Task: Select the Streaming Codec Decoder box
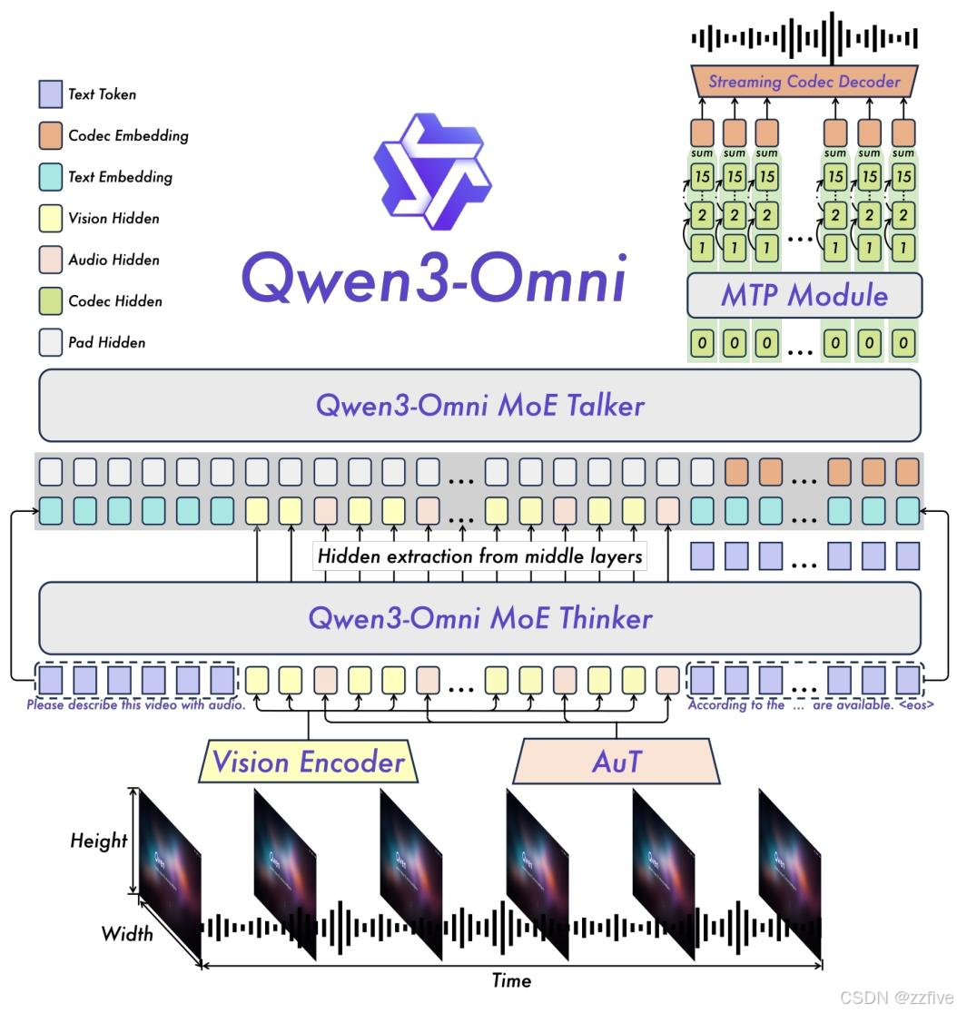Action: coord(804,82)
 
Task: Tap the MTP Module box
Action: coord(804,295)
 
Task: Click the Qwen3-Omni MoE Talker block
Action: coord(479,405)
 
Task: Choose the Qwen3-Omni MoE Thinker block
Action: coord(479,618)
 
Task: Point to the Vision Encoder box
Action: coord(308,761)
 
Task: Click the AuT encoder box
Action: coord(617,761)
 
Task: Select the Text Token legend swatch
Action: coord(50,94)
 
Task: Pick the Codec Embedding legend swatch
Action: coord(50,136)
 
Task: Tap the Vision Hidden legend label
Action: coord(113,219)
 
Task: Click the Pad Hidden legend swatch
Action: coord(50,343)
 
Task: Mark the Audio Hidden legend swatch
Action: coord(50,261)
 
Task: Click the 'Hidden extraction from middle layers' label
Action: coord(479,556)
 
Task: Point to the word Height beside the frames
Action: coord(99,841)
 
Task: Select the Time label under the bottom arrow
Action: coord(511,980)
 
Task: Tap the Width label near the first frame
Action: coord(127,933)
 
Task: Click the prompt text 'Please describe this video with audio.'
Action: coord(136,704)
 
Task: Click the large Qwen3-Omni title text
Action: coord(434,276)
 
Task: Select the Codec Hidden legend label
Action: coord(115,301)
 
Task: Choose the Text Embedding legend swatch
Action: coord(50,177)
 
